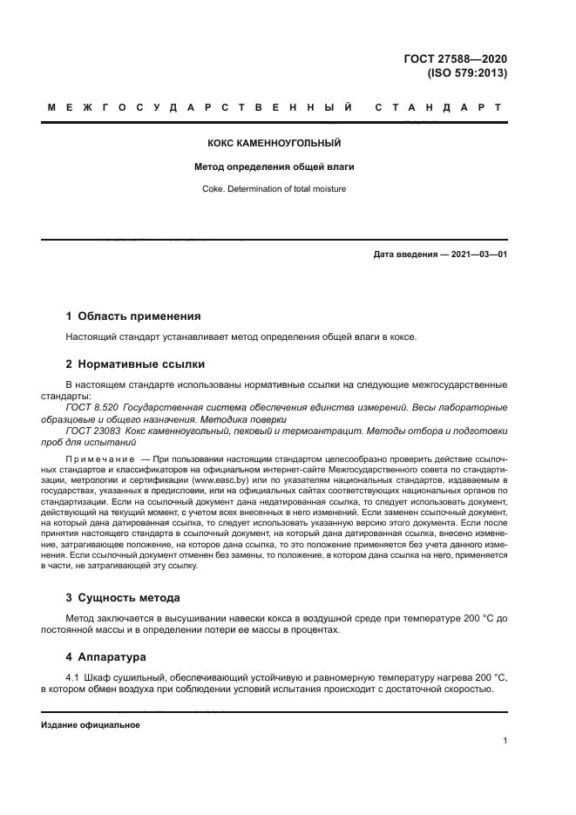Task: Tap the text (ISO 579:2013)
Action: click(x=466, y=73)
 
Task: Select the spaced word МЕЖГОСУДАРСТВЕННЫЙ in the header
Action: click(x=201, y=108)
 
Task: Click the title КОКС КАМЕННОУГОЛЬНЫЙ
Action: click(x=274, y=142)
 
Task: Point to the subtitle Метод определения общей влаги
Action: click(x=274, y=166)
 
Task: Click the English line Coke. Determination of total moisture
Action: click(x=274, y=187)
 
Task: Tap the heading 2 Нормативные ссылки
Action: click(x=135, y=363)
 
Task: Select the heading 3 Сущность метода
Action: click(x=123, y=597)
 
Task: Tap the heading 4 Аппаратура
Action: click(x=106, y=655)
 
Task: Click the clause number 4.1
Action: click(x=72, y=677)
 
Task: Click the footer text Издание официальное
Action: click(x=90, y=725)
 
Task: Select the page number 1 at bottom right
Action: click(x=505, y=741)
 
